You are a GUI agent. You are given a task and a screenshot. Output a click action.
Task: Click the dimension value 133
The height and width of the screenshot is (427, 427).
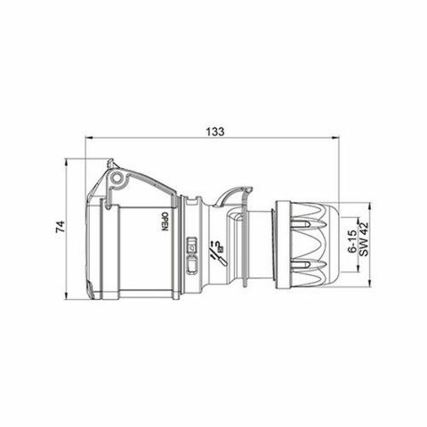pos(213,131)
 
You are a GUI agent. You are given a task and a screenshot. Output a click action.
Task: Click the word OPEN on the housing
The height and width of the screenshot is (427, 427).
pos(165,222)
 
